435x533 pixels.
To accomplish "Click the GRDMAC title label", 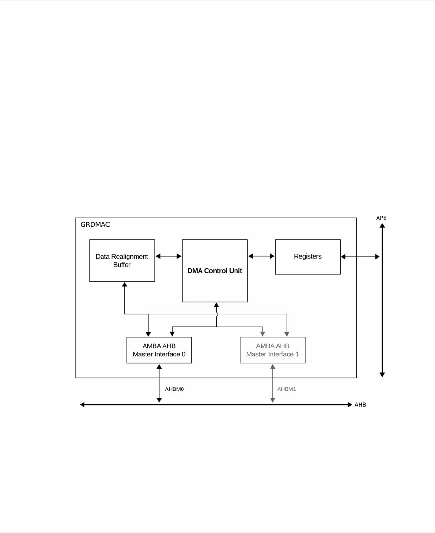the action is tap(95, 224).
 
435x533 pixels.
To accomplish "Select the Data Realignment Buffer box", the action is tap(122, 260).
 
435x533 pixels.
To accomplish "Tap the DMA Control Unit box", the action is tap(215, 271).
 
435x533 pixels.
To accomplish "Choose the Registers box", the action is tap(307, 257).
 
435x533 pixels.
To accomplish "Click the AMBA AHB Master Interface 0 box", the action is tap(159, 350).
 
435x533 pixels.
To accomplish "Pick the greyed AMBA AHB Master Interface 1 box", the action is tap(272, 350).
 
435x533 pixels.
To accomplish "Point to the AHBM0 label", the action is tap(174, 389).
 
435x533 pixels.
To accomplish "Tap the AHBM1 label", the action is tap(287, 389).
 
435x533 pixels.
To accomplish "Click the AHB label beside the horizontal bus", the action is tap(360, 405).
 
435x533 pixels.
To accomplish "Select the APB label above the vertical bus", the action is tap(381, 218).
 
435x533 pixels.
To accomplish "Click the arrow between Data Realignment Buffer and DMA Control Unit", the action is tap(169, 256).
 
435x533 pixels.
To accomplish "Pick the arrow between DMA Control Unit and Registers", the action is tap(261, 256).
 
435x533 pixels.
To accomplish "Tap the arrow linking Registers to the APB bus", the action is tap(360, 257).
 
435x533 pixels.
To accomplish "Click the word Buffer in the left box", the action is tap(122, 265).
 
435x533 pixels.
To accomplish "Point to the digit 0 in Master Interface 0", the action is tap(184, 354).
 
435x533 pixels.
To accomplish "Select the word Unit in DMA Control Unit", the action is tap(235, 271).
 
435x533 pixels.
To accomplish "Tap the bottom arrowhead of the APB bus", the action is tap(382, 374).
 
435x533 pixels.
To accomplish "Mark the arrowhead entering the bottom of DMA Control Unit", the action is tap(216, 305).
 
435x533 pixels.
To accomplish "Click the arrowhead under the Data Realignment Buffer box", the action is tap(125, 284).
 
